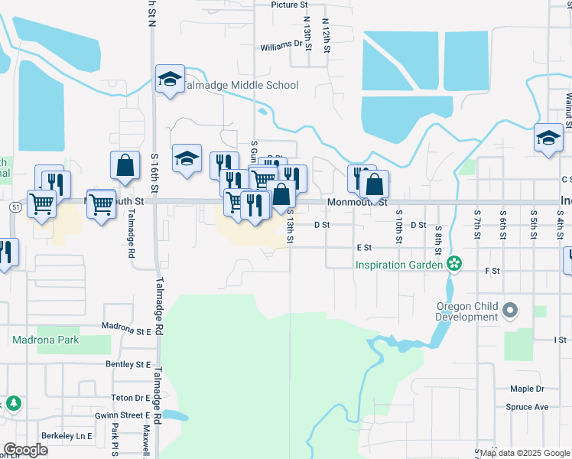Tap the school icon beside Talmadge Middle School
pyautogui.click(x=170, y=79)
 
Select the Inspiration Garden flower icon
pyautogui.click(x=455, y=265)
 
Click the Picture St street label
pyautogui.click(x=288, y=5)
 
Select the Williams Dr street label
pyautogui.click(x=281, y=46)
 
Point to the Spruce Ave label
pyautogui.click(x=527, y=407)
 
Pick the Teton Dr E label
pyautogui.click(x=131, y=398)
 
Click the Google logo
pyautogui.click(x=25, y=450)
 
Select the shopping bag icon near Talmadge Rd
pyautogui.click(x=125, y=166)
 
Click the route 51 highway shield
pyautogui.click(x=15, y=207)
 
